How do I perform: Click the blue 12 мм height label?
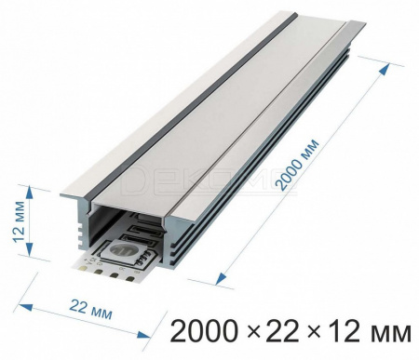pos(19,221)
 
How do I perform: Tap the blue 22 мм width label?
pos(90,309)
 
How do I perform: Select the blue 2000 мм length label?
pos(297,165)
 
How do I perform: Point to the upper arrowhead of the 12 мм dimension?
pos(29,193)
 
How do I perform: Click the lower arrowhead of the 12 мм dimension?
pos(29,249)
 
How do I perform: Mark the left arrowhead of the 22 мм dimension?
pos(25,307)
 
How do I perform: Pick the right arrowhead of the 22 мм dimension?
pos(143,335)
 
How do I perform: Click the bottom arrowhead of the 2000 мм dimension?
pos(221,278)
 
